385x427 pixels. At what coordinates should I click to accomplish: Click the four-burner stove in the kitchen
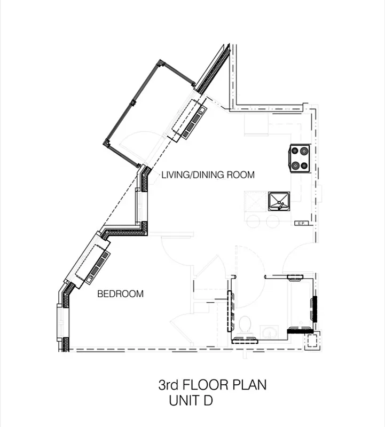pyautogui.click(x=300, y=158)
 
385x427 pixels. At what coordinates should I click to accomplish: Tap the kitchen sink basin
pyautogui.click(x=278, y=201)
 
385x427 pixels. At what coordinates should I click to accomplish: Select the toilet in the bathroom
pyautogui.click(x=246, y=326)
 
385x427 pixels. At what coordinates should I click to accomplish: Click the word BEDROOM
pyautogui.click(x=120, y=294)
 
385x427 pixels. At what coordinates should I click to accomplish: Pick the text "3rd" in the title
pyautogui.click(x=168, y=384)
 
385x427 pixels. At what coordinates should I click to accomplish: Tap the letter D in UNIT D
pyautogui.click(x=208, y=400)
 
